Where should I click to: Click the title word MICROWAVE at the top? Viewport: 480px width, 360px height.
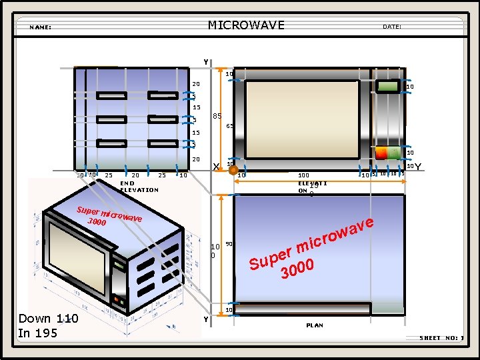(246, 25)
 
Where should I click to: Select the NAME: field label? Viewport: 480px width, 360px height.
(41, 27)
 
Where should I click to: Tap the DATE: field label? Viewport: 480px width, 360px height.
(391, 27)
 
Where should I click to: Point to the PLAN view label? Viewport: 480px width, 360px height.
(315, 325)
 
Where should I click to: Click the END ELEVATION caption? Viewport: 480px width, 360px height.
(139, 186)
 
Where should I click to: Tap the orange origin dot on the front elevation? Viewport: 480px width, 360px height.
(233, 171)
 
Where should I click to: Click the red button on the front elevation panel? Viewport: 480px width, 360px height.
(381, 153)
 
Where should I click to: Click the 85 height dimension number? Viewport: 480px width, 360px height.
(217, 117)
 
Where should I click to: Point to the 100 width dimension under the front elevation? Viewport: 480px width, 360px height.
(303, 175)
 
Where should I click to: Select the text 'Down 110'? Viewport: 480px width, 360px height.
(48, 319)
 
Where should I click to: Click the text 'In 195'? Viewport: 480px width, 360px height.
(38, 333)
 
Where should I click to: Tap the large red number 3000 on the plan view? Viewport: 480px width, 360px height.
(297, 269)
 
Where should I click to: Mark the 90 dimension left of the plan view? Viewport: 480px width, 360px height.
(229, 244)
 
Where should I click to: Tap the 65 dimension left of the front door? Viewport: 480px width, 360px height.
(229, 126)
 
